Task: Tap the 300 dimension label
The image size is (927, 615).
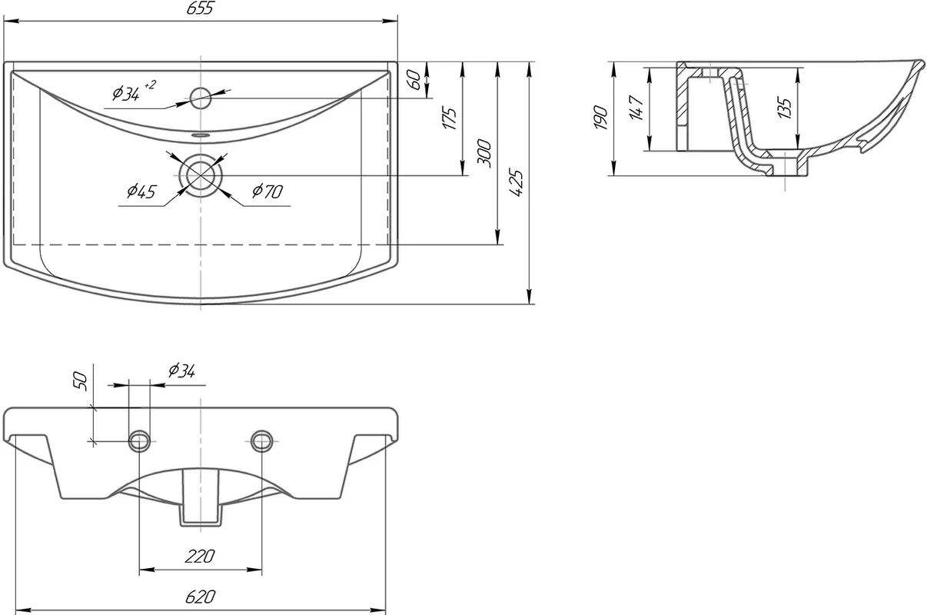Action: tap(484, 154)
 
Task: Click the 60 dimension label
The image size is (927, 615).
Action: tap(415, 80)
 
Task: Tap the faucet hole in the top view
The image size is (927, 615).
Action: tap(201, 98)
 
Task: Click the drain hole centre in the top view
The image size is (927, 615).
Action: tap(201, 174)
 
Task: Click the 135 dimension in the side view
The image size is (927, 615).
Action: tap(784, 108)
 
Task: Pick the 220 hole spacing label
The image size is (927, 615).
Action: tap(200, 556)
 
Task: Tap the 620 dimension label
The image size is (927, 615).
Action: tap(200, 596)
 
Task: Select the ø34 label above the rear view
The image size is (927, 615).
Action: tap(180, 371)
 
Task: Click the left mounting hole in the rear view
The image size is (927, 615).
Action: tap(139, 440)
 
